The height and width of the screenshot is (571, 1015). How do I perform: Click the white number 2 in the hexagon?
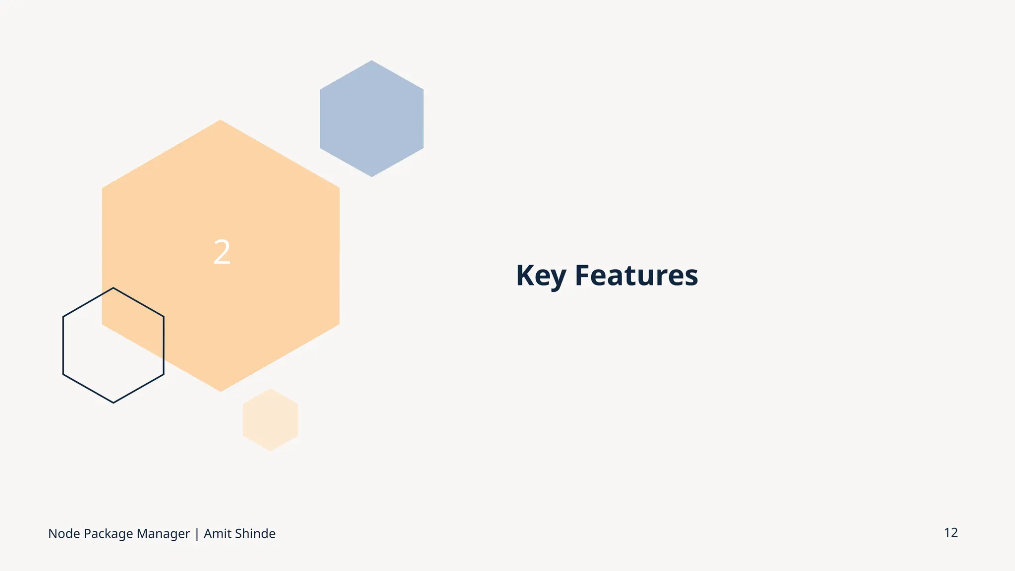tap(222, 252)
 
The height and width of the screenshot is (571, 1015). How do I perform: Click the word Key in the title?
tap(541, 276)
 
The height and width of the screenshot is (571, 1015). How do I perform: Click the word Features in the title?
tap(636, 276)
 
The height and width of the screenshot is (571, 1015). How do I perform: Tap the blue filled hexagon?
tap(372, 119)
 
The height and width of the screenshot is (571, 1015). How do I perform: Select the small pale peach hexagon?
tap(270, 420)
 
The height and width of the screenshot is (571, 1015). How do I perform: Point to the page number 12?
tap(951, 533)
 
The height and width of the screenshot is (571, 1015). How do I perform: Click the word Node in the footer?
tap(64, 534)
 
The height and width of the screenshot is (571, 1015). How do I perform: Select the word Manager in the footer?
tap(163, 534)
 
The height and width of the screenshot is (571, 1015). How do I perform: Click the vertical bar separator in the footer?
tap(197, 534)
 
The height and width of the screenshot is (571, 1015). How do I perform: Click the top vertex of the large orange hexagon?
tap(221, 120)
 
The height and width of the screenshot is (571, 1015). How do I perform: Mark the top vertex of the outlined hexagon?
tap(113, 287)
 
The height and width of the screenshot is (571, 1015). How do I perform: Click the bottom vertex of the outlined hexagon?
tap(113, 402)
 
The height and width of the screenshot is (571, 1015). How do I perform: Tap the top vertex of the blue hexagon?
tap(372, 60)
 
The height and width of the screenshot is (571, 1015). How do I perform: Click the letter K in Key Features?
tap(525, 276)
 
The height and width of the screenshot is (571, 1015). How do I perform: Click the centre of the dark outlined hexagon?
tap(113, 345)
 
